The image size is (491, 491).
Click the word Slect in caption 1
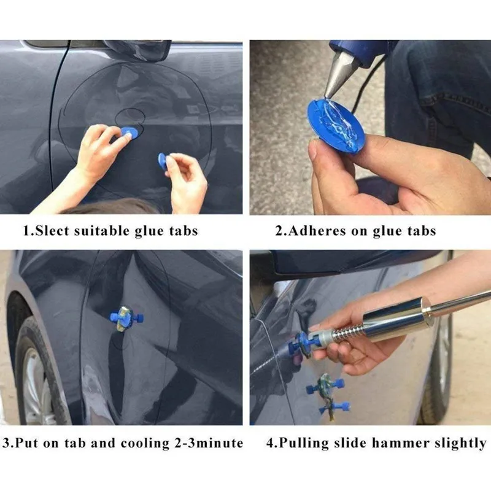[x=52, y=231]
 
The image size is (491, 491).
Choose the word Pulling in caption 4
[x=304, y=443]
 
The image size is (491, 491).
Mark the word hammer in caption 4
[x=400, y=443]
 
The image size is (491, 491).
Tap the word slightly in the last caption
[x=457, y=443]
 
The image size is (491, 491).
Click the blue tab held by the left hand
[x=128, y=132]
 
